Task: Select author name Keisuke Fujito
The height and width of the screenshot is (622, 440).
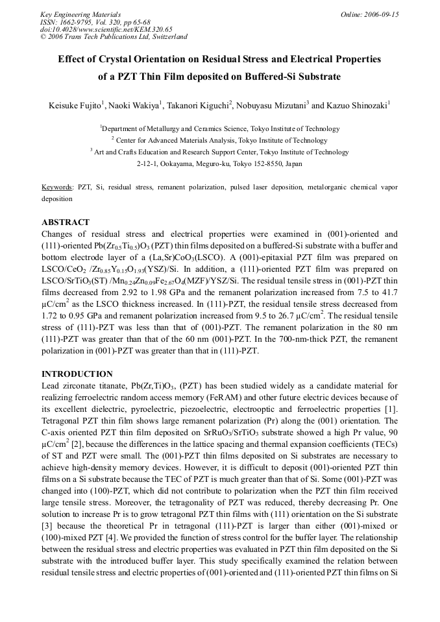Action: coord(76,104)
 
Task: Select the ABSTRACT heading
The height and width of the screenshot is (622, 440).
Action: coord(65,222)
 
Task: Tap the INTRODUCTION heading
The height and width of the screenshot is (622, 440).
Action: coord(77,374)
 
